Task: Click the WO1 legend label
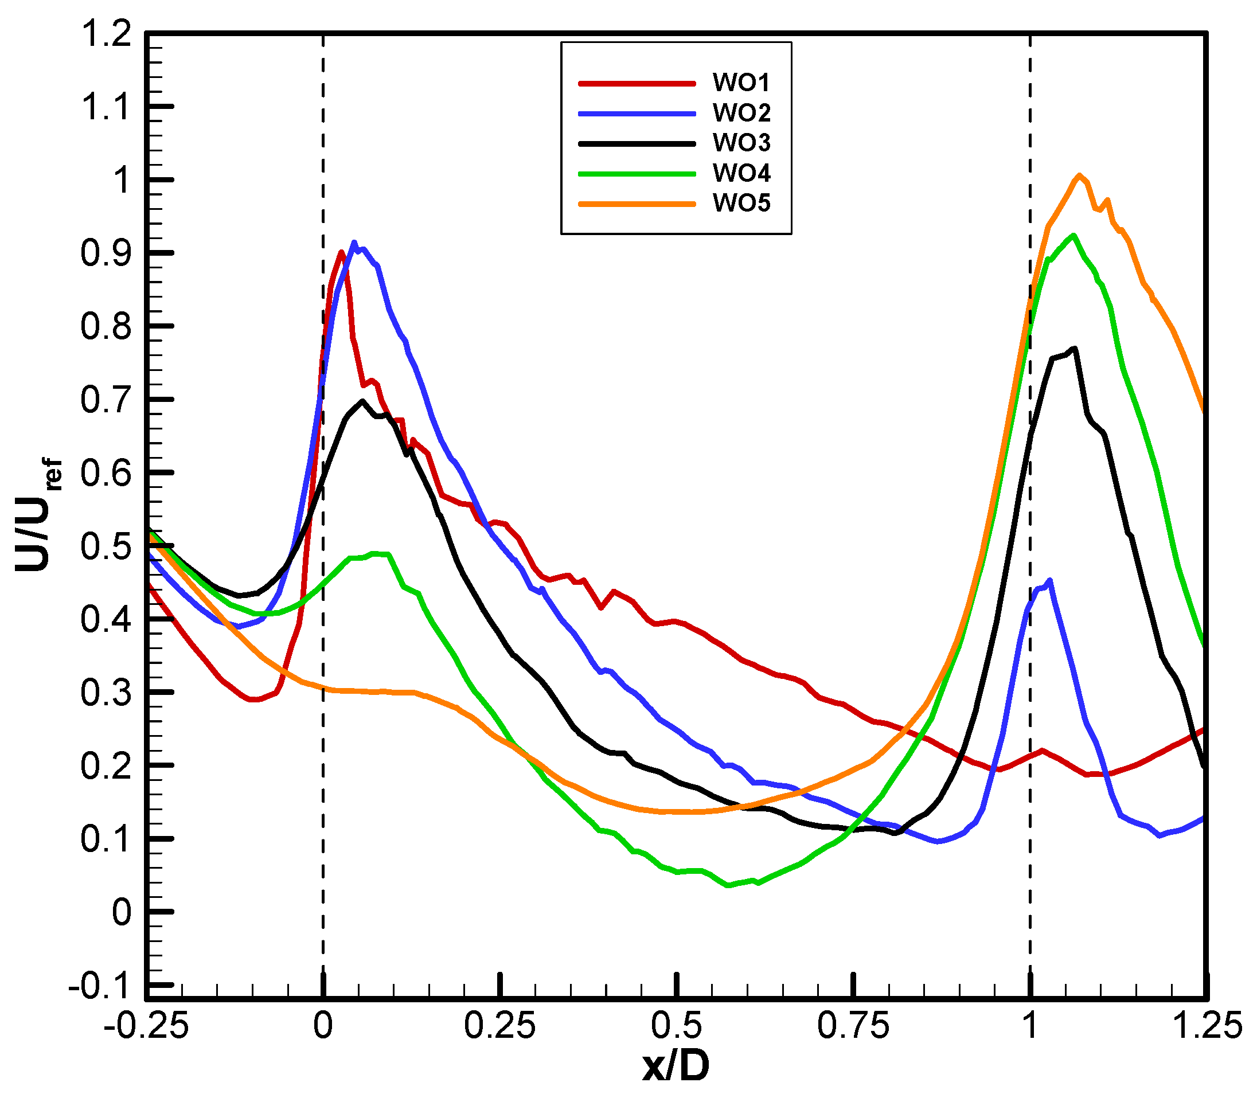(741, 83)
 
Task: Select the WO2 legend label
(741, 112)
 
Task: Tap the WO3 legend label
(741, 143)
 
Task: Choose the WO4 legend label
(741, 173)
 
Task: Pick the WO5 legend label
(741, 204)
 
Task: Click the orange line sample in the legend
(637, 204)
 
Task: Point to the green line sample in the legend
(637, 174)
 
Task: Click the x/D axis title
(676, 1067)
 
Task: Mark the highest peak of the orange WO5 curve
(1079, 175)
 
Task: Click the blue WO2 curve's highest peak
(354, 243)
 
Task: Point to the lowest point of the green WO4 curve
(728, 885)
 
